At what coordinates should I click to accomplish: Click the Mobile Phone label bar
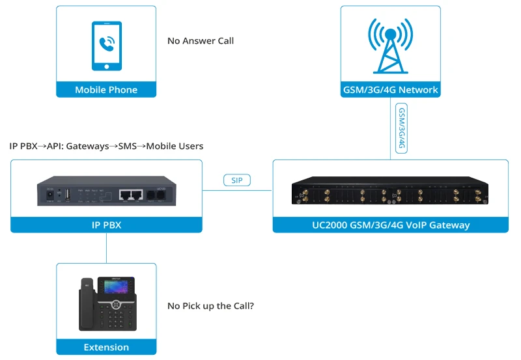(106, 90)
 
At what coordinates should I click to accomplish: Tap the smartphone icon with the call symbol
(106, 46)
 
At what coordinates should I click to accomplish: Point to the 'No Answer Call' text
(201, 41)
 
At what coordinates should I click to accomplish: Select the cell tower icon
(390, 46)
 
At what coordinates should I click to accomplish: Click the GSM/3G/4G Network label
(390, 90)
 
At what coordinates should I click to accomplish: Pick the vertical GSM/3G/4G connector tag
(402, 128)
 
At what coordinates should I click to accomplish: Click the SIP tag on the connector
(237, 180)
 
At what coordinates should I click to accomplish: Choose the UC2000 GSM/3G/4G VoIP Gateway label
(390, 225)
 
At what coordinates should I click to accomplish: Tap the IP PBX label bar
(106, 225)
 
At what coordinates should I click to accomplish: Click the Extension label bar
(106, 347)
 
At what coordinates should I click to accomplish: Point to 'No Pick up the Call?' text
(210, 305)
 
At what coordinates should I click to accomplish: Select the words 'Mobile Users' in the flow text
(175, 146)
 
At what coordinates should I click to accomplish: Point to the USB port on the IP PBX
(67, 194)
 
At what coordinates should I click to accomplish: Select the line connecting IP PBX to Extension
(106, 248)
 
